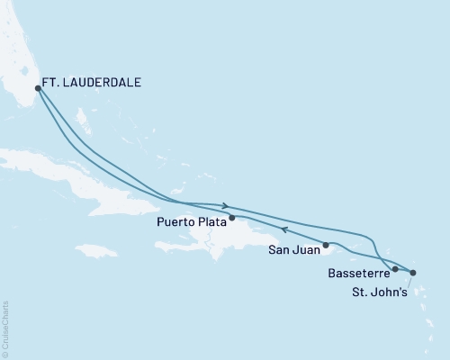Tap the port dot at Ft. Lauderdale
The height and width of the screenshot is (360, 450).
37,88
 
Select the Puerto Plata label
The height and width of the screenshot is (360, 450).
192,219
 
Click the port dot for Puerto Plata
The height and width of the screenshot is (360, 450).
232,218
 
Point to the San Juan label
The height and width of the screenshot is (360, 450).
292,253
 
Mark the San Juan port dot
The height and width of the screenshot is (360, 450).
327,245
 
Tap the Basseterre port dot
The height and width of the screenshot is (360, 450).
395,269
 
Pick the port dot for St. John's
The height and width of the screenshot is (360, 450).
413,272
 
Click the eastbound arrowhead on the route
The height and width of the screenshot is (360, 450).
225,205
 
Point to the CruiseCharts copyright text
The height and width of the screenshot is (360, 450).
6,328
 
